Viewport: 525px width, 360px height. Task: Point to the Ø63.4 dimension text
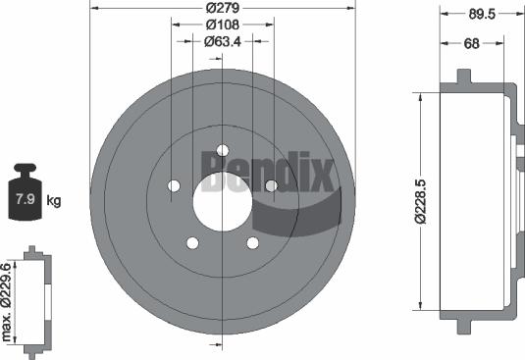tap(223, 41)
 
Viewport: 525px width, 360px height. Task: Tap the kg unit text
tap(54, 201)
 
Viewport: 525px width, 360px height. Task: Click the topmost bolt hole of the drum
tap(222, 150)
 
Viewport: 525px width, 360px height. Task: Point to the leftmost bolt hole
tap(174, 185)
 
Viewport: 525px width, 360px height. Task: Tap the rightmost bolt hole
tap(271, 185)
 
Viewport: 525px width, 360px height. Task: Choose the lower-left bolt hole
tap(192, 243)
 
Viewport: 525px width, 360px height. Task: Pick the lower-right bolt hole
tap(252, 243)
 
